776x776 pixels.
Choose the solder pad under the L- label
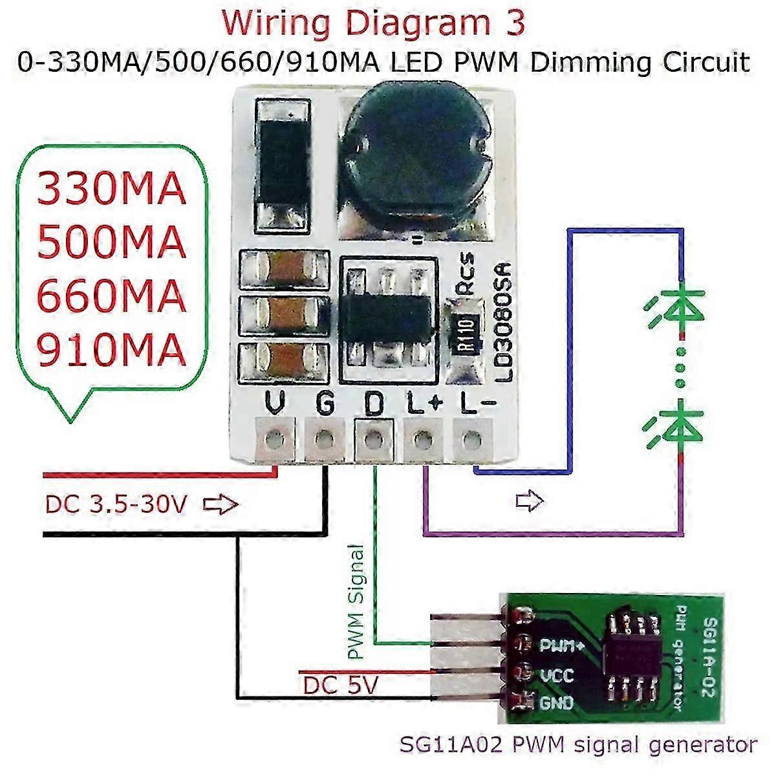[x=471, y=440]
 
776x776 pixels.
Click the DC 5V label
[x=340, y=685]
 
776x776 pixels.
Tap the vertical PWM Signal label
[x=356, y=601]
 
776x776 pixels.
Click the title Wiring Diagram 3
[x=374, y=24]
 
